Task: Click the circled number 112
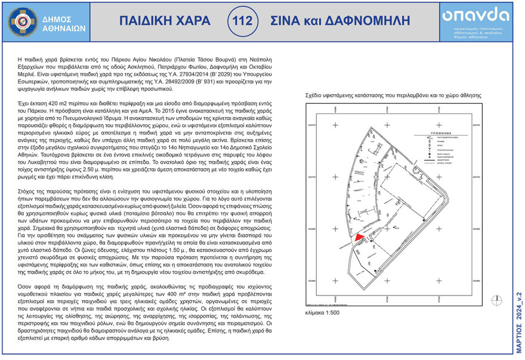(242, 21)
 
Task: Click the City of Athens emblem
(22, 21)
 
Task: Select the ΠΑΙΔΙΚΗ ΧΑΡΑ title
(160, 21)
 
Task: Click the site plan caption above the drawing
(393, 96)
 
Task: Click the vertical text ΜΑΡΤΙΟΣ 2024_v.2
(518, 322)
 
